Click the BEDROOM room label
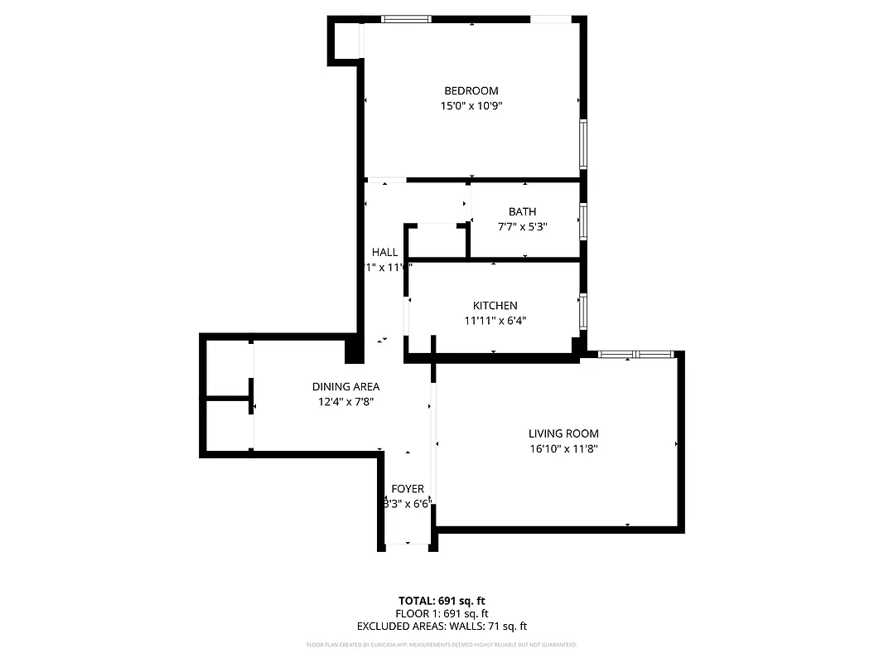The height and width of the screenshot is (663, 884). pyautogui.click(x=471, y=91)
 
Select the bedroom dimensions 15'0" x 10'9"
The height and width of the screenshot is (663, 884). pyautogui.click(x=471, y=106)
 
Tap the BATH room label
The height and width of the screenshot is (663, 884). pyautogui.click(x=522, y=212)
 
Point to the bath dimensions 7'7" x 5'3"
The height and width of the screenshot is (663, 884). pyautogui.click(x=522, y=227)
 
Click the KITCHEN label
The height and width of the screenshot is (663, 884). pyautogui.click(x=495, y=306)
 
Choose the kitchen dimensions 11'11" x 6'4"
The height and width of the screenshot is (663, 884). pyautogui.click(x=495, y=321)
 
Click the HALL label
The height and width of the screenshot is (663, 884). pyautogui.click(x=384, y=252)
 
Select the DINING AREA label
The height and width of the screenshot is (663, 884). pyautogui.click(x=345, y=386)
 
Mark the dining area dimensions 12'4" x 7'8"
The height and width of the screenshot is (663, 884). pyautogui.click(x=345, y=402)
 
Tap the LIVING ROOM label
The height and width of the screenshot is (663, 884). pyautogui.click(x=563, y=433)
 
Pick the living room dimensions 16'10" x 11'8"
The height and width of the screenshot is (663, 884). pyautogui.click(x=563, y=449)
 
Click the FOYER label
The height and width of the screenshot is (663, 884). pyautogui.click(x=408, y=489)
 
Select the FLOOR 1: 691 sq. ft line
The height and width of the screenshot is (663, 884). pyautogui.click(x=442, y=613)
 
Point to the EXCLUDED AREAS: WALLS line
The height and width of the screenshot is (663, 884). pyautogui.click(x=442, y=627)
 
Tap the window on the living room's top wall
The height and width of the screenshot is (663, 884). pyautogui.click(x=635, y=355)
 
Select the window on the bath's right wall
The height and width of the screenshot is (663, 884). pyautogui.click(x=583, y=221)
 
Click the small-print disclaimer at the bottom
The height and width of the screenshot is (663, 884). pyautogui.click(x=442, y=645)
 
